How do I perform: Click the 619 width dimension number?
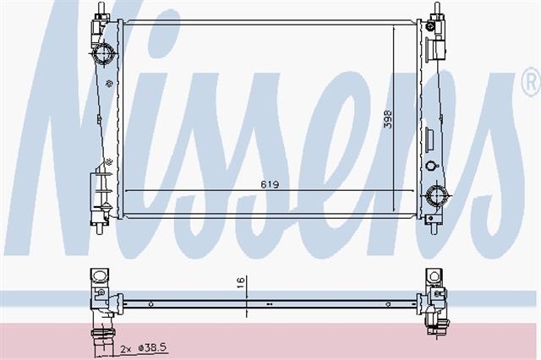coord(270,184)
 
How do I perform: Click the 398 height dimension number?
coord(388,119)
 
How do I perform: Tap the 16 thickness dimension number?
coord(241,283)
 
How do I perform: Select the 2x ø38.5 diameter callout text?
coord(145,348)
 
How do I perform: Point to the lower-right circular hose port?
coord(436,195)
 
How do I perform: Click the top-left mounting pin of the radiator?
coord(101,8)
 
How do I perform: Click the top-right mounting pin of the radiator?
coord(437,8)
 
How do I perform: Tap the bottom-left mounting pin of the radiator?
coord(100,228)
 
